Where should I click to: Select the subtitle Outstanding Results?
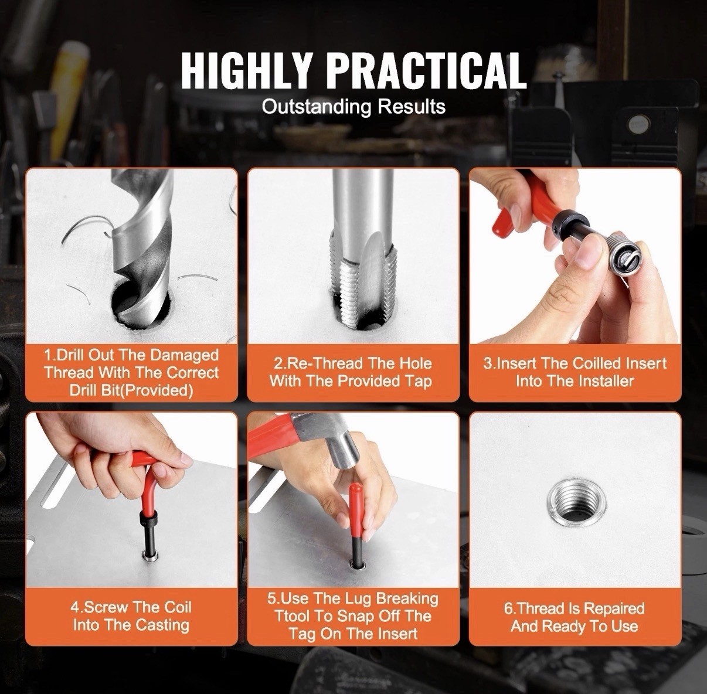point(354,107)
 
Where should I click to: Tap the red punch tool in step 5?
point(355,510)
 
